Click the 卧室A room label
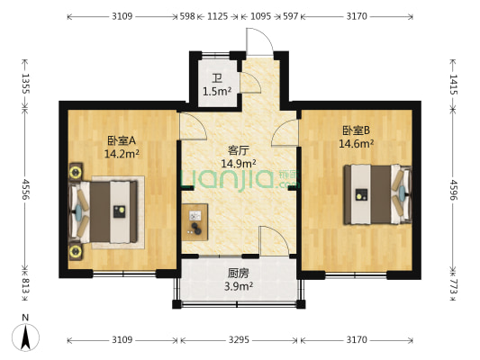pos(121,140)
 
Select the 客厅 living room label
pos(239,150)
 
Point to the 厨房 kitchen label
pos(239,274)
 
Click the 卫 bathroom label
pos(216,78)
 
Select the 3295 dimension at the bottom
pos(240,340)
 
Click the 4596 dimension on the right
pos(453,191)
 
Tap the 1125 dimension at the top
pos(217,16)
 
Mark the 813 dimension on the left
pos(26,286)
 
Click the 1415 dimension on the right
pos(453,86)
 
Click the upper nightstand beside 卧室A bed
pos(76,170)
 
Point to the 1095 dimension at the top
pos(259,16)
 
